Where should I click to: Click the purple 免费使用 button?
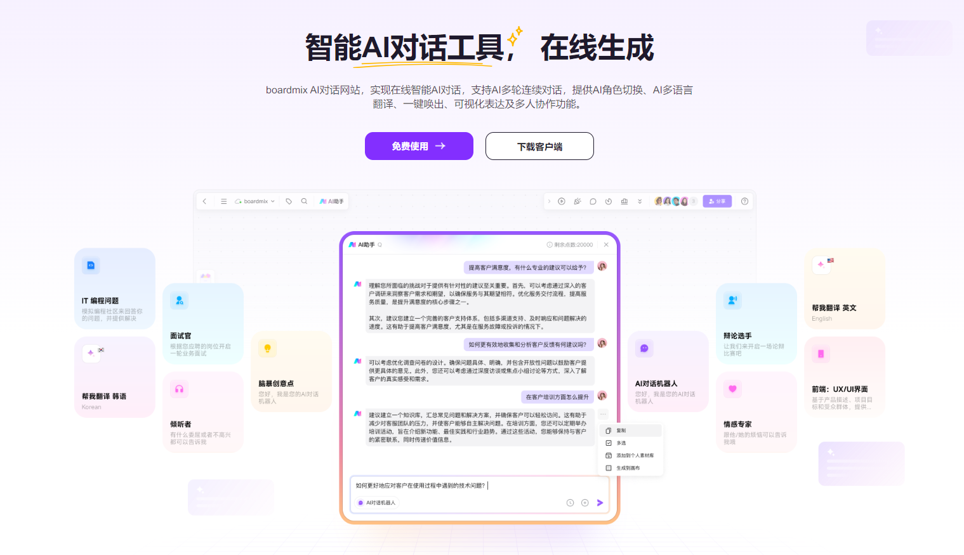[419, 146]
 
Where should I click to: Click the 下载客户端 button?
[539, 146]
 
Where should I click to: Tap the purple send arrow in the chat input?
[600, 503]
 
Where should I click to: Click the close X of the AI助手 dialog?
[606, 244]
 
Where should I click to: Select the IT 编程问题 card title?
[100, 301]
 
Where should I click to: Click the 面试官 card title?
[181, 336]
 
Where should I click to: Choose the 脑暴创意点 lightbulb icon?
[267, 348]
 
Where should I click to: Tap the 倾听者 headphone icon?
[179, 389]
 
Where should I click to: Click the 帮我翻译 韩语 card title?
[104, 396]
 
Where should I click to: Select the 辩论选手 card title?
[737, 336]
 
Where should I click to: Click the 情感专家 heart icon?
[732, 389]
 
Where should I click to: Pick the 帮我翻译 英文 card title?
[834, 308]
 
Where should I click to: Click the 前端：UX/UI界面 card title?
[840, 389]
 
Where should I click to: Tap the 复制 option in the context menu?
[621, 431]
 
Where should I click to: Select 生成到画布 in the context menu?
[628, 468]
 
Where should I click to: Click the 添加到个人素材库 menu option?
[635, 455]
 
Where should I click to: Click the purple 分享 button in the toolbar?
[717, 201]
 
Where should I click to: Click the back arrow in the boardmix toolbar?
[204, 201]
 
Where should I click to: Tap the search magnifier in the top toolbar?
[304, 201]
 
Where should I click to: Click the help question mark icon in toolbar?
[744, 201]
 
